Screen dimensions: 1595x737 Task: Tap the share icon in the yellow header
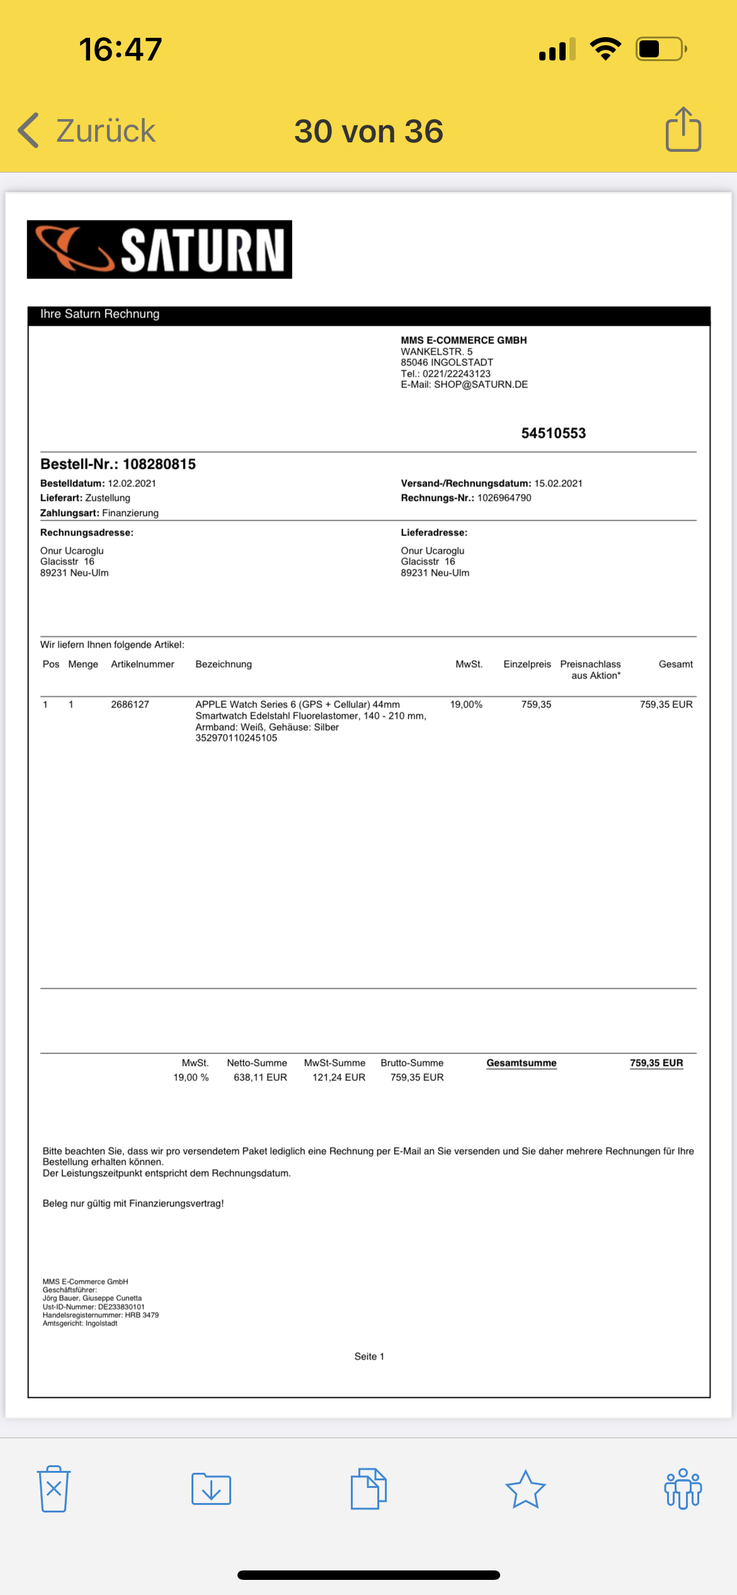click(x=683, y=130)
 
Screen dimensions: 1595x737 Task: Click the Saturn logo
click(x=159, y=249)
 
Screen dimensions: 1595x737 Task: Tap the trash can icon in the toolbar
click(x=54, y=1489)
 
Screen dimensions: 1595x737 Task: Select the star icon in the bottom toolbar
click(x=525, y=1489)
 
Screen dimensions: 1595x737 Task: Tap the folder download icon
click(x=211, y=1489)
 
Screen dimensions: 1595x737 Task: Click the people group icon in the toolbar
click(x=683, y=1489)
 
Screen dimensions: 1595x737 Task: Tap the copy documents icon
click(x=368, y=1489)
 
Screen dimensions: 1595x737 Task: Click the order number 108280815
click(x=159, y=464)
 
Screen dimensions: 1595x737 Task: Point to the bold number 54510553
click(x=553, y=433)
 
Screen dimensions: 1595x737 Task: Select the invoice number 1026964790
click(x=504, y=498)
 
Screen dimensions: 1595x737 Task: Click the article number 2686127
click(x=130, y=704)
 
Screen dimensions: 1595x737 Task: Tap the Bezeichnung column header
click(x=224, y=664)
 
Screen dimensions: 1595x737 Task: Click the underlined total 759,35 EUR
click(x=656, y=1063)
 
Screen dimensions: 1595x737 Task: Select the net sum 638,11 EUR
click(x=260, y=1078)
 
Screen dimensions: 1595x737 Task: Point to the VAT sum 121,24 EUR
click(x=339, y=1078)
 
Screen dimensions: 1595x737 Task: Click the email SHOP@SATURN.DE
click(x=481, y=385)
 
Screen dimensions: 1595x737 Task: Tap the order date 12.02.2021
click(x=132, y=484)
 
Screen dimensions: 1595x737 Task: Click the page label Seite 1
click(x=369, y=1356)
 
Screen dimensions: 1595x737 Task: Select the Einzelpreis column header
click(x=527, y=664)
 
